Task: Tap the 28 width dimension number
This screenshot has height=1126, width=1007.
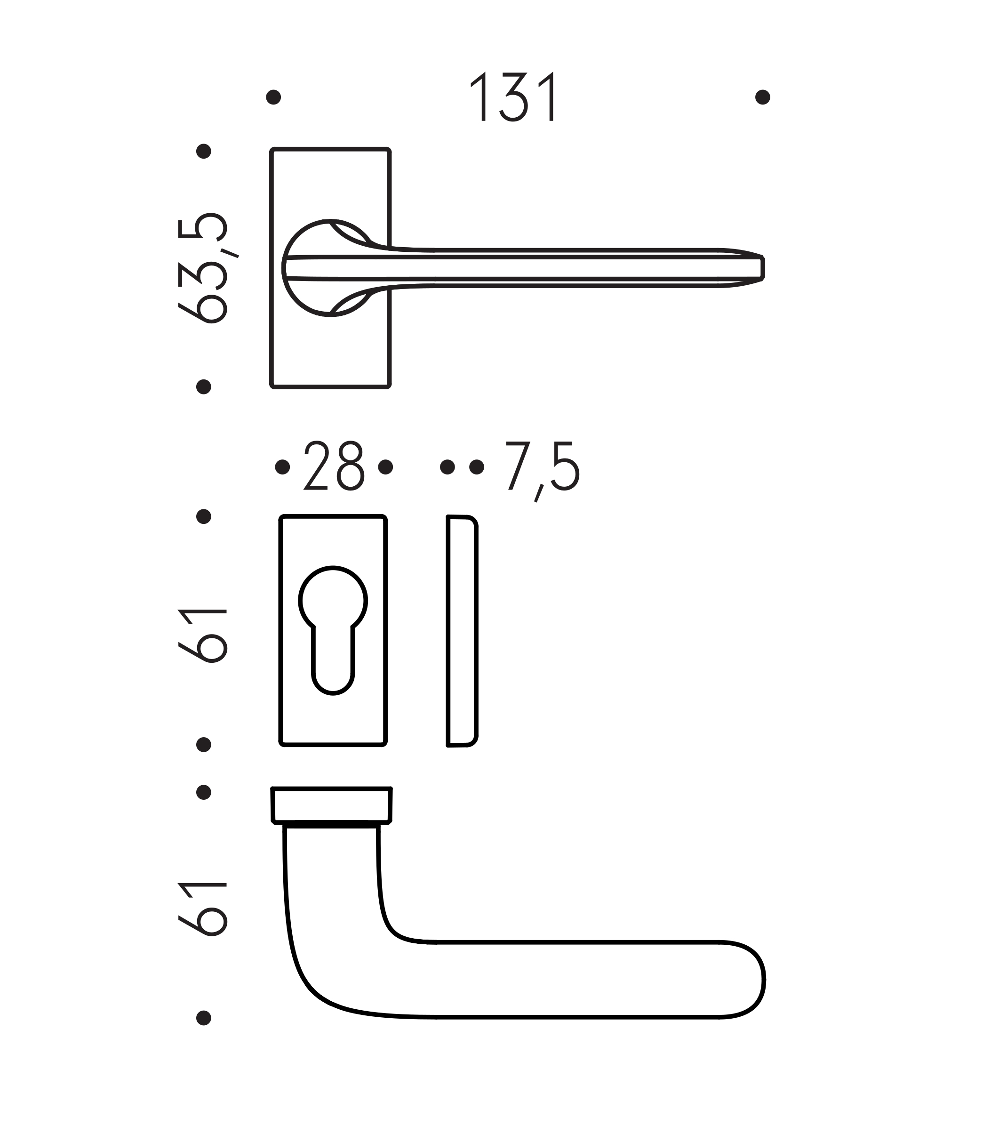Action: tap(334, 466)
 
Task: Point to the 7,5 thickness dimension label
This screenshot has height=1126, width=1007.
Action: tap(542, 469)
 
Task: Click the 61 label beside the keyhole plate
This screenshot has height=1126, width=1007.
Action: tap(202, 635)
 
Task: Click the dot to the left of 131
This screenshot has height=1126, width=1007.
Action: tap(273, 97)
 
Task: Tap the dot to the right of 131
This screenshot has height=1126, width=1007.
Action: tap(762, 97)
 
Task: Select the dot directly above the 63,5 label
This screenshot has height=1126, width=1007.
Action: tap(204, 151)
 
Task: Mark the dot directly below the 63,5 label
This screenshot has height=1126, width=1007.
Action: tap(204, 386)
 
